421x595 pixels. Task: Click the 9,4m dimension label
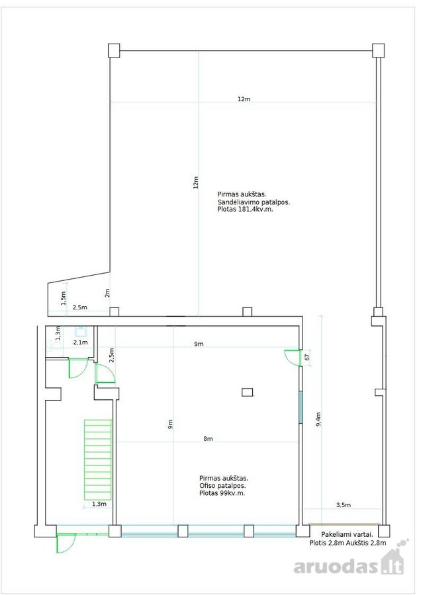tap(318, 419)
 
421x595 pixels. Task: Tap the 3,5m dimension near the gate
tap(343, 505)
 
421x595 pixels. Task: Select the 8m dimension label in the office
tap(209, 439)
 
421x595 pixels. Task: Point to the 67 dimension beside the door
tap(307, 357)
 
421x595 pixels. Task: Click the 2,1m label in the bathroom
tap(80, 342)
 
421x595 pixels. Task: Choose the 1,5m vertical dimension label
tap(64, 298)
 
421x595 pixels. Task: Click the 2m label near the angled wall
tap(107, 293)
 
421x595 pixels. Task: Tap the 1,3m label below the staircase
tap(99, 504)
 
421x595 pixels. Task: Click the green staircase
tap(98, 460)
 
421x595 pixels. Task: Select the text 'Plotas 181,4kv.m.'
tap(246, 209)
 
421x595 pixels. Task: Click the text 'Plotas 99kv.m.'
tap(222, 493)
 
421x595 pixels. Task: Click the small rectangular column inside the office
tap(248, 392)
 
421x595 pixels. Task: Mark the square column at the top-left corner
tap(114, 50)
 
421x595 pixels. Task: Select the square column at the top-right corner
tap(378, 50)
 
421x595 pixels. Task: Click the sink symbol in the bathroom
tap(81, 332)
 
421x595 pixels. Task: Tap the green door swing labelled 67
tap(293, 357)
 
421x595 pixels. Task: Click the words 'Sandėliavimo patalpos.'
tap(254, 202)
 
